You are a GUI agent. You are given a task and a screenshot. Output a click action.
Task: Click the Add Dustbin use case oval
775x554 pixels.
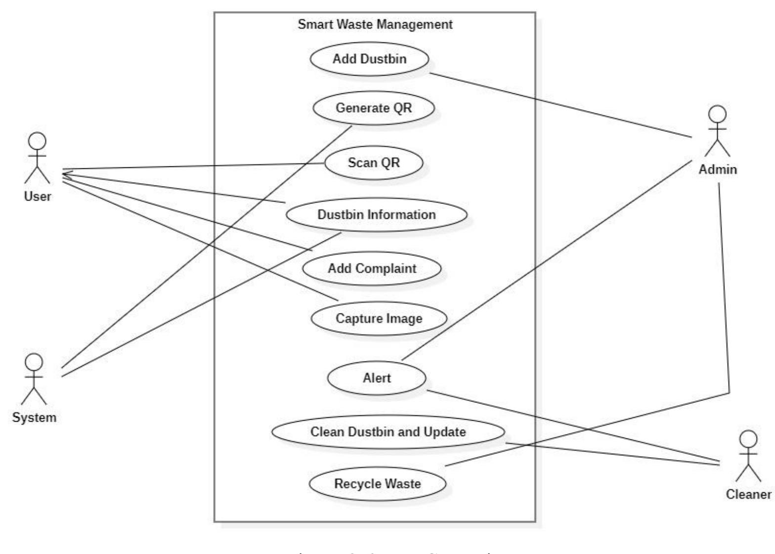click(369, 59)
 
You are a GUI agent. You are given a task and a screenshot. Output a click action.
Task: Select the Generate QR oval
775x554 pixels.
click(373, 108)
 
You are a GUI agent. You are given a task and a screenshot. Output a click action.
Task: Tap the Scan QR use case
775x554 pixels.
click(374, 162)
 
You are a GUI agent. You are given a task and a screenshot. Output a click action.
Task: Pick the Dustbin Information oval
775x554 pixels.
click(377, 215)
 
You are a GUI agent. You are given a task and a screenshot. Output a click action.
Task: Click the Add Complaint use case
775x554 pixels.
click(372, 269)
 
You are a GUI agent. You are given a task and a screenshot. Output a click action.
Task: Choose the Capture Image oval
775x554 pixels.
click(379, 318)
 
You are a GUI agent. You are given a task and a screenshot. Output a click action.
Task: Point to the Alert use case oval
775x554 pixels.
click(377, 378)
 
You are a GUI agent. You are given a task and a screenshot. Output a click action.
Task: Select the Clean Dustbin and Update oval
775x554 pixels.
click(388, 432)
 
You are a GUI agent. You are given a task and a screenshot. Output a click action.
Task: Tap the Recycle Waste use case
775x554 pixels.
click(378, 483)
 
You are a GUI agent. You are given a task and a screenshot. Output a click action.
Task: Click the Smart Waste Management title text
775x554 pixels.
click(375, 24)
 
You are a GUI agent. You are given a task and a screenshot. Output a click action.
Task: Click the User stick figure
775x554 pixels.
click(37, 158)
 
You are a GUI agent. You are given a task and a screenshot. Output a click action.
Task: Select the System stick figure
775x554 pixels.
click(34, 379)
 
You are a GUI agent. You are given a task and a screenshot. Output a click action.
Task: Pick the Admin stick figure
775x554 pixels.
click(717, 131)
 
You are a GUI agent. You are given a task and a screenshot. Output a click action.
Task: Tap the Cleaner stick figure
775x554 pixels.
click(748, 456)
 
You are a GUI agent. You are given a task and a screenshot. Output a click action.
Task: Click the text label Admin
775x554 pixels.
click(717, 169)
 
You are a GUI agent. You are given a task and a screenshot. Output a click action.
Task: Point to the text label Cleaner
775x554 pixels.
click(748, 494)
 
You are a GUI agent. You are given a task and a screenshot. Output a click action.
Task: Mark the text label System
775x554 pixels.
click(34, 418)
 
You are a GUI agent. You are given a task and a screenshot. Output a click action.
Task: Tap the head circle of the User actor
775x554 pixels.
click(37, 141)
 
